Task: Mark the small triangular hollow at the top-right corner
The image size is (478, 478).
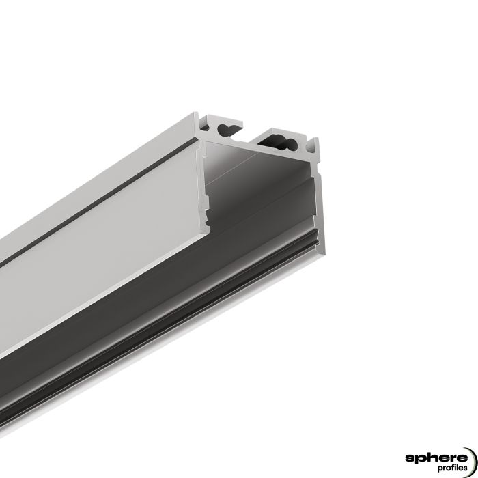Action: coord(313,144)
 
